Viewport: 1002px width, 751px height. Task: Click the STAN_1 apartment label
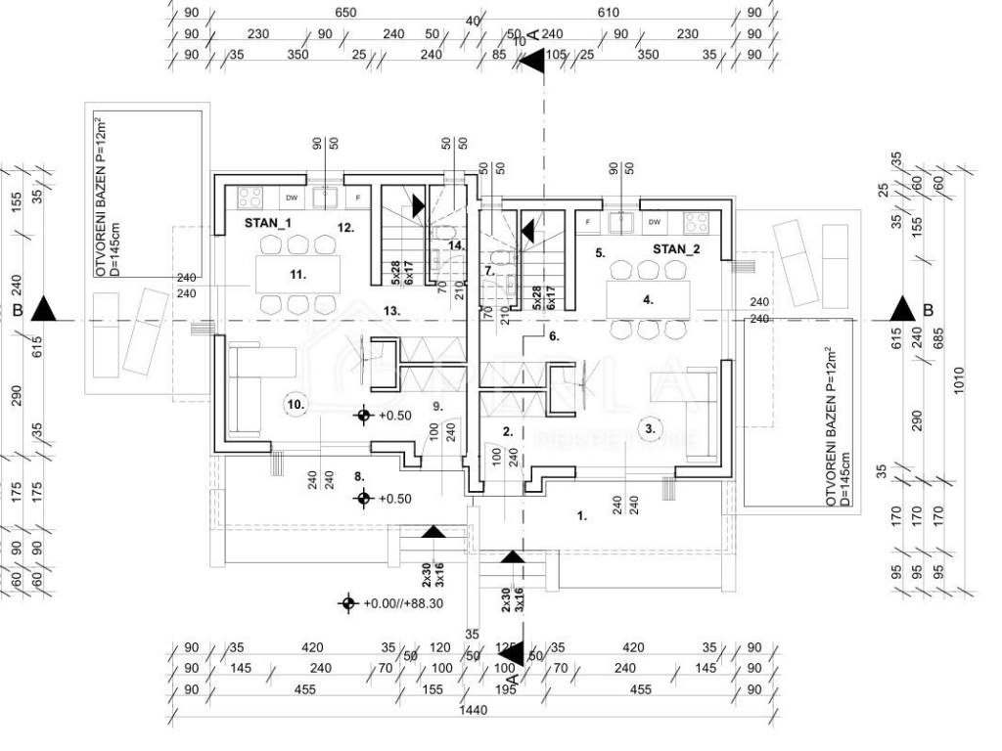coord(268,223)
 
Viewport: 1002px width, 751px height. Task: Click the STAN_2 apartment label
coord(676,249)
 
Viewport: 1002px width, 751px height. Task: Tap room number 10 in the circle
coord(296,403)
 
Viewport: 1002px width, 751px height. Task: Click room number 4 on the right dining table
coord(648,300)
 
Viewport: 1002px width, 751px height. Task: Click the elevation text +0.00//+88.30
coord(402,603)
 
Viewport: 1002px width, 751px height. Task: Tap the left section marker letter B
coord(18,311)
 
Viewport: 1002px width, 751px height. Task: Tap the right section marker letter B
coord(928,311)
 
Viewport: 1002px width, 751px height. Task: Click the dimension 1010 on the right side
coord(959,381)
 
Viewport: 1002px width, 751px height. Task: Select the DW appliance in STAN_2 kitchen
coord(654,220)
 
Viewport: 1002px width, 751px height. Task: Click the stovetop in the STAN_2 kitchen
coord(697,220)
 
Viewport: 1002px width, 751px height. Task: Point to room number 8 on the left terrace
coord(359,476)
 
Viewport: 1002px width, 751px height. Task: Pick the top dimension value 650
coord(344,13)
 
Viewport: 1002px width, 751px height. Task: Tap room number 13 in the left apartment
coord(390,310)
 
